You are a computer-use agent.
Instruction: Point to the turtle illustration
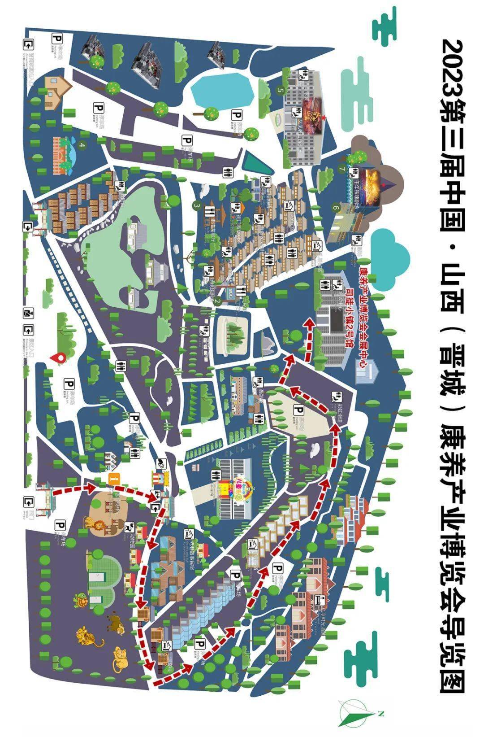[81, 600]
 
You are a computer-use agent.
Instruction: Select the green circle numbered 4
[82, 145]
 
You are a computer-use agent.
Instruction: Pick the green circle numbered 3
[196, 205]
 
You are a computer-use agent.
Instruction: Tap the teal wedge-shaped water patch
[256, 161]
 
